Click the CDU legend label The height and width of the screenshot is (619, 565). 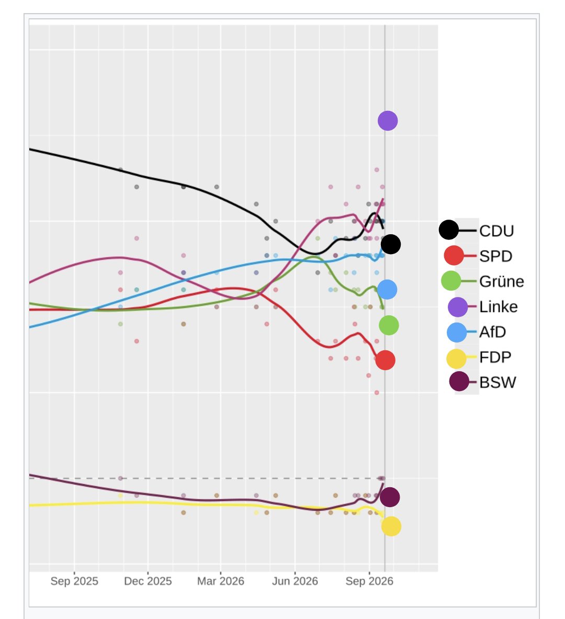496,231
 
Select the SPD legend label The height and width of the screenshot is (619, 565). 495,256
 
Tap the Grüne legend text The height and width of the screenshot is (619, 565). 501,281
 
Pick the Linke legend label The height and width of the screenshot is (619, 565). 498,307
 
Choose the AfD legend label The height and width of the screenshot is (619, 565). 492,332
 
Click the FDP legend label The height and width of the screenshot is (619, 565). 495,357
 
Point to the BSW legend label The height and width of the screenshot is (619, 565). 498,383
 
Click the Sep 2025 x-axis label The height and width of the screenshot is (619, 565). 74,581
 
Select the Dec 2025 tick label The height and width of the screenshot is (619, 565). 148,581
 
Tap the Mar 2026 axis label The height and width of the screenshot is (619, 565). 220,581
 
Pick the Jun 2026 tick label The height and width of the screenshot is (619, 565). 295,581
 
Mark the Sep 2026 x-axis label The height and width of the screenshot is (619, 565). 369,581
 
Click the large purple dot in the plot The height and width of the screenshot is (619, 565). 388,121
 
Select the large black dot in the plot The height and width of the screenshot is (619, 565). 391,244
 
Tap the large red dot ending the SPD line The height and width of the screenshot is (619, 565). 385,360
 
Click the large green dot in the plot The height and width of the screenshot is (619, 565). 389,325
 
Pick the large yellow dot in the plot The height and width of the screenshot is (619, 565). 391,526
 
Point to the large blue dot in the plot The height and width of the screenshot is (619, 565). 387,289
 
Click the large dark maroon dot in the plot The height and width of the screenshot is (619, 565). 390,497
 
